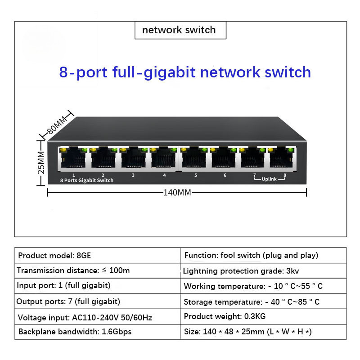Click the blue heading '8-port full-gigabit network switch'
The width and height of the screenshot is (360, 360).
coord(185,72)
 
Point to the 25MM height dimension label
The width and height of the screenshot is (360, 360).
coord(41,162)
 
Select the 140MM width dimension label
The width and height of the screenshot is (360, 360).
coord(177,193)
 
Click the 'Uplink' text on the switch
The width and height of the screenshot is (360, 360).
coord(269,180)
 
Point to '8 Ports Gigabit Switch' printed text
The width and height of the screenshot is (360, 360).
coord(86,180)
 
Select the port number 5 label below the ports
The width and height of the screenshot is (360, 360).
coord(196,175)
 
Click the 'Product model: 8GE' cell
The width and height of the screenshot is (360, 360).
coord(54,256)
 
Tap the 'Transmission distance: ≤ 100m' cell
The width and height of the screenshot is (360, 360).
coord(73,270)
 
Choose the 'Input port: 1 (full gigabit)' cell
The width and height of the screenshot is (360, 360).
coord(63,286)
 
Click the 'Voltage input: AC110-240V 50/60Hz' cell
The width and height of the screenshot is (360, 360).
coord(85,317)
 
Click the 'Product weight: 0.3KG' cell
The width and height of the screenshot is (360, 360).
coord(225,317)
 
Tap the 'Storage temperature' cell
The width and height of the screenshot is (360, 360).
coord(252,301)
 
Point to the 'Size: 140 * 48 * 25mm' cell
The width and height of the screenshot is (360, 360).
coord(248,332)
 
